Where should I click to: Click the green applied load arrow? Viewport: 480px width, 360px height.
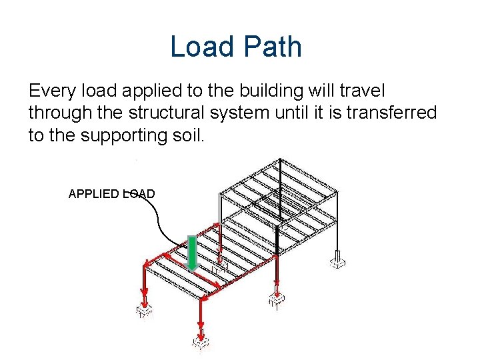pyautogui.click(x=192, y=254)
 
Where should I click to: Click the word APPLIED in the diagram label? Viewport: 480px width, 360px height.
pyautogui.click(x=94, y=194)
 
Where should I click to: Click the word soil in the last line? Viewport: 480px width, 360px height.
pyautogui.click(x=193, y=135)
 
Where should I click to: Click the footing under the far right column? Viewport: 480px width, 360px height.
pyautogui.click(x=338, y=259)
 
